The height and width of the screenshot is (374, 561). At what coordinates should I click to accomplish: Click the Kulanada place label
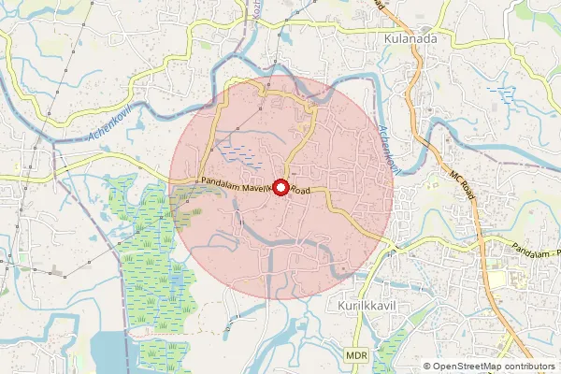[411, 40]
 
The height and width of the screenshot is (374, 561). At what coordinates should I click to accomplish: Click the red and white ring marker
[279, 187]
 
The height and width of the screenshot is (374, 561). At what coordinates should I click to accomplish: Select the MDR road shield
[355, 356]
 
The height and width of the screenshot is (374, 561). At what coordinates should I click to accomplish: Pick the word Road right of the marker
[299, 190]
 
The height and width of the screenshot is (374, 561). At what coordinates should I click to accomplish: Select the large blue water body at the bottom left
[105, 351]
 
